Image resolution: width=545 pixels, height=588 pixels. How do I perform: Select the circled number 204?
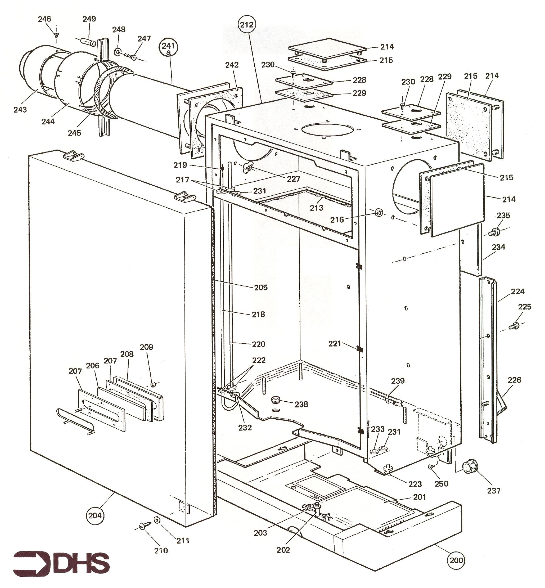[95, 515]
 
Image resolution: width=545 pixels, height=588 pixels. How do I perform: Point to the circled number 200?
[456, 560]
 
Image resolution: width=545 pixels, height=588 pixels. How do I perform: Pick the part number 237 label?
[493, 490]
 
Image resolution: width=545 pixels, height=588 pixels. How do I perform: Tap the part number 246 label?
[44, 19]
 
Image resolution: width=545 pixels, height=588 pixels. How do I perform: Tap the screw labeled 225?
[515, 326]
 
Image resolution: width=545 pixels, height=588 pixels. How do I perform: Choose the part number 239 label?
[398, 381]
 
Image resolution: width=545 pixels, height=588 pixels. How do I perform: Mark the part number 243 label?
[20, 110]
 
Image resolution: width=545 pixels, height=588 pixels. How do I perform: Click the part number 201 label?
[419, 497]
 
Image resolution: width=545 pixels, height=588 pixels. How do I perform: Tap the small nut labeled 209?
[153, 384]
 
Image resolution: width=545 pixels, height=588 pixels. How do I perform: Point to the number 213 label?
[317, 208]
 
